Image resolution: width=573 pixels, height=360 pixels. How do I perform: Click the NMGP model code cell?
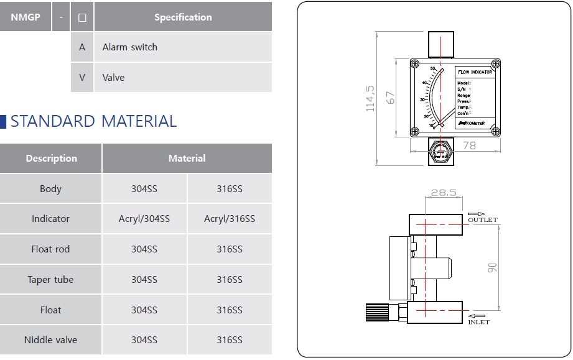pyautogui.click(x=26, y=17)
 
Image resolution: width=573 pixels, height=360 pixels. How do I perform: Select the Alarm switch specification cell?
pyautogui.click(x=129, y=47)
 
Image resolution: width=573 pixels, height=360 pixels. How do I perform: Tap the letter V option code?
pyautogui.click(x=82, y=78)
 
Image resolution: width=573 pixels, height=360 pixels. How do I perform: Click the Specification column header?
pyautogui.click(x=183, y=17)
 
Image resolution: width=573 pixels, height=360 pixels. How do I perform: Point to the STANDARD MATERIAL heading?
pyautogui.click(x=93, y=121)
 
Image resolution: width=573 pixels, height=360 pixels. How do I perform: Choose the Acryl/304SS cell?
pyautogui.click(x=144, y=219)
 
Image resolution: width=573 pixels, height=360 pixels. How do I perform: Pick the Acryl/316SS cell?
pyautogui.click(x=229, y=219)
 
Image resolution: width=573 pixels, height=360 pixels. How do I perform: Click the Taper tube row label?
pyautogui.click(x=50, y=280)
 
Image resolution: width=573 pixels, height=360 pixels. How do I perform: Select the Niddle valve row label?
pyautogui.click(x=50, y=340)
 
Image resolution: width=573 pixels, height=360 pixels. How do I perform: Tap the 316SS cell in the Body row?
pyautogui.click(x=229, y=189)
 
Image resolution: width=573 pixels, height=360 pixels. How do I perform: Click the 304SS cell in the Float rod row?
pyautogui.click(x=144, y=249)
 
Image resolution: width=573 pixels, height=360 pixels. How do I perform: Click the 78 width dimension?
pyautogui.click(x=469, y=145)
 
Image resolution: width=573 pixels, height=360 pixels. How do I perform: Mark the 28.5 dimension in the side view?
pyautogui.click(x=444, y=193)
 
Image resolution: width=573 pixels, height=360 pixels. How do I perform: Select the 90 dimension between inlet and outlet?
pyautogui.click(x=492, y=267)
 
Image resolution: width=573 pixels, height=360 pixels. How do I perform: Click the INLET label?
pyautogui.click(x=478, y=322)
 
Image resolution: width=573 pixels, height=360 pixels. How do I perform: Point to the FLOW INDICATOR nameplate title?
pyautogui.click(x=475, y=72)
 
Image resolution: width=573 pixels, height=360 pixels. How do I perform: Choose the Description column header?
pyautogui.click(x=51, y=159)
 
